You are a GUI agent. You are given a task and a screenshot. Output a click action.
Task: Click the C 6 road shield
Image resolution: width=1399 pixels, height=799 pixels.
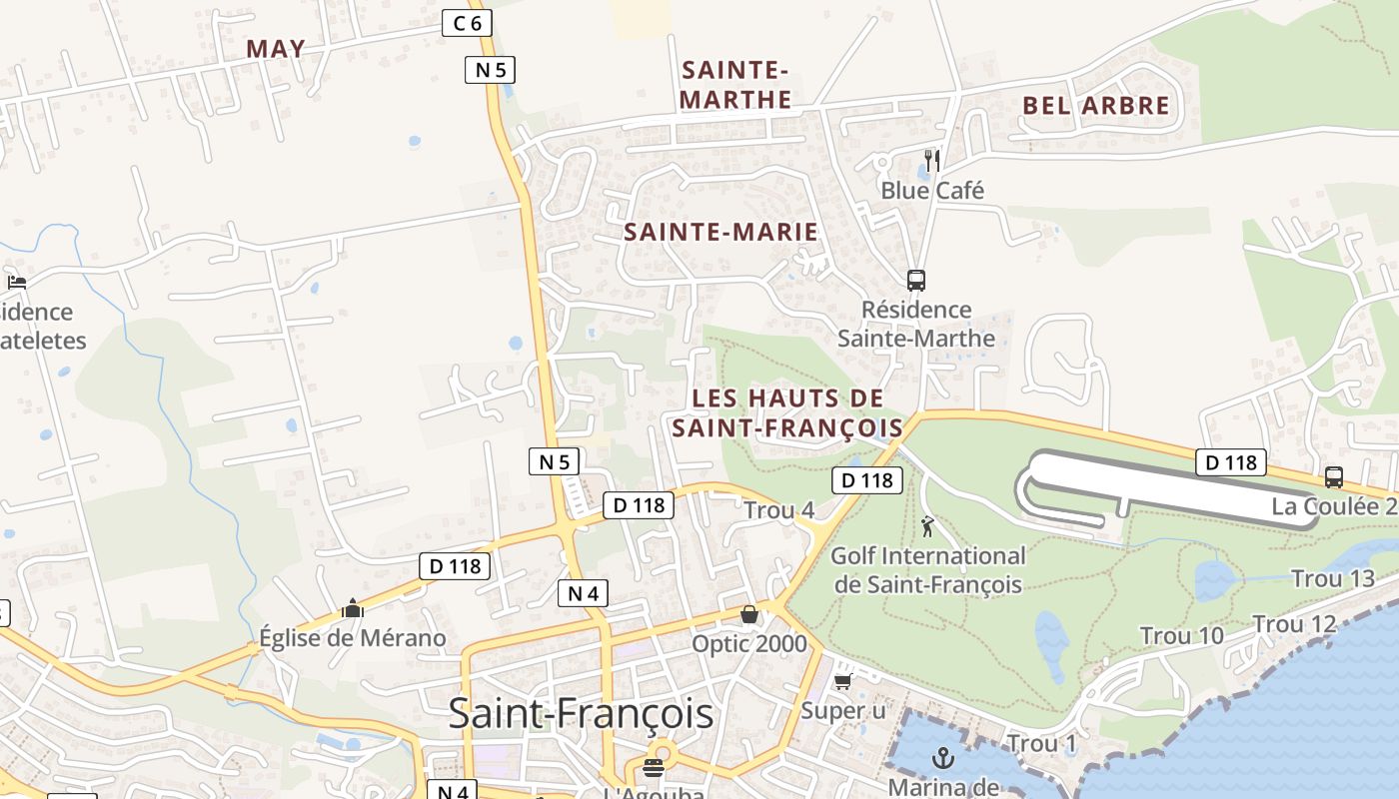[467, 22]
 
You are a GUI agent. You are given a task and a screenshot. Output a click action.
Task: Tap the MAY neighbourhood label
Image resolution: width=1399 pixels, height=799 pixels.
[276, 48]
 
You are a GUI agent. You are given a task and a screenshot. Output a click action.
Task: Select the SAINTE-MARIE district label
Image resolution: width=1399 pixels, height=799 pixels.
[720, 232]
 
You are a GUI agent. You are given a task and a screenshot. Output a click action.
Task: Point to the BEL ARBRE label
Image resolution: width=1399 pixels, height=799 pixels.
[1096, 105]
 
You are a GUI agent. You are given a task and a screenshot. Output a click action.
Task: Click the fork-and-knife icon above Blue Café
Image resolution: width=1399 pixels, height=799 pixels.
[932, 160]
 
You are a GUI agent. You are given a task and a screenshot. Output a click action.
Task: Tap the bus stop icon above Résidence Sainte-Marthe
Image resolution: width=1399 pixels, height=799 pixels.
[915, 280]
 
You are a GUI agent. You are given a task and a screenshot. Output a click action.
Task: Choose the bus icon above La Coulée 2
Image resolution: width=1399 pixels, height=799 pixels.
[1333, 476]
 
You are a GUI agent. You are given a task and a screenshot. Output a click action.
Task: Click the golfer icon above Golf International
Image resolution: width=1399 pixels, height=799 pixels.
[928, 525]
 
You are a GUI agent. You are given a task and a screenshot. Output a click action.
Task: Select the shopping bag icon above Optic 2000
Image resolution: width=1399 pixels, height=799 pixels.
[749, 613]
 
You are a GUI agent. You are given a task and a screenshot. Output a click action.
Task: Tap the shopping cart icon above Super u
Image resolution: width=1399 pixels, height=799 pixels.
[843, 681]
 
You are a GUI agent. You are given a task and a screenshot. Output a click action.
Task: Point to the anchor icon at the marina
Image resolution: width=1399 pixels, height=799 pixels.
[942, 759]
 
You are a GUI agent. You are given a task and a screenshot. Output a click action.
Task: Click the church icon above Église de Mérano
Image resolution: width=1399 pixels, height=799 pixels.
[352, 607]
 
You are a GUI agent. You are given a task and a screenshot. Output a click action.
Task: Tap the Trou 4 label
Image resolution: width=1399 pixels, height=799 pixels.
[779, 510]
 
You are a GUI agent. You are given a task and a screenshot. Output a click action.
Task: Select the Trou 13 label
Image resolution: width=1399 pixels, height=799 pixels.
[1333, 578]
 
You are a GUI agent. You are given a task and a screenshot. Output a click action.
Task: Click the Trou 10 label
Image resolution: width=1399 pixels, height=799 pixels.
[1182, 635]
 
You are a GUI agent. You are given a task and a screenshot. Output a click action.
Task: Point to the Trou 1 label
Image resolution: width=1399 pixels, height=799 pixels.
[1042, 743]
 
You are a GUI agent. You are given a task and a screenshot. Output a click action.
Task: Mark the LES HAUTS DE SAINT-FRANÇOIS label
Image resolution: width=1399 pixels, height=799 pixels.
[786, 412]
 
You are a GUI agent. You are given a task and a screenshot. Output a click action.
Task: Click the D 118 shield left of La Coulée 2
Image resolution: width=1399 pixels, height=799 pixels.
[1231, 462]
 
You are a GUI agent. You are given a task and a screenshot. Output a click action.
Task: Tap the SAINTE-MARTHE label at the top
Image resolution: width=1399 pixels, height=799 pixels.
[735, 85]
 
